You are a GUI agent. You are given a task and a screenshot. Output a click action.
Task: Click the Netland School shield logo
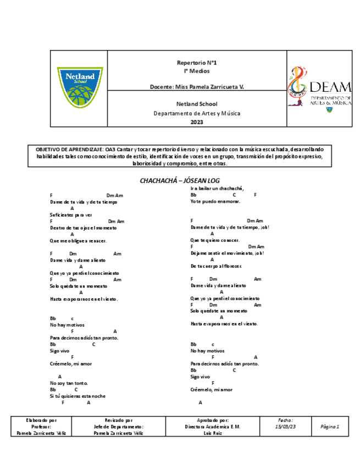80,87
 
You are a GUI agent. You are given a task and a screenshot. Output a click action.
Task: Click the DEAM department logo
319,89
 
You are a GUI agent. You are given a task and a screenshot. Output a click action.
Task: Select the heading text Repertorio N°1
196,63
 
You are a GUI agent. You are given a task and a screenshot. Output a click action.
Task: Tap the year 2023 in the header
196,122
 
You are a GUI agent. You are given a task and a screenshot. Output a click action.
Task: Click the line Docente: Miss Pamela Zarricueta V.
196,87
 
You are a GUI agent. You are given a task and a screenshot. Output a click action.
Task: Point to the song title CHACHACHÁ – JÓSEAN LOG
180,180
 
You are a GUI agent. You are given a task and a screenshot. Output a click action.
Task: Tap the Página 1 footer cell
330,426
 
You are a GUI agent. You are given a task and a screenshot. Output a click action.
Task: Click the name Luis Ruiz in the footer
212,433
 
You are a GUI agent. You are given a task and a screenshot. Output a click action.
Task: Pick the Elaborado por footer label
41,420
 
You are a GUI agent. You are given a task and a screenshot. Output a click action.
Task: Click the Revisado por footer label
118,420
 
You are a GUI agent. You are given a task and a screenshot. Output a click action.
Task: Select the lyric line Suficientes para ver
71,215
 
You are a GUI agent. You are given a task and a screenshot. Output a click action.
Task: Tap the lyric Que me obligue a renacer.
78,241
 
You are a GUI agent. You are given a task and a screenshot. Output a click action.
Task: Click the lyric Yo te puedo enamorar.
215,202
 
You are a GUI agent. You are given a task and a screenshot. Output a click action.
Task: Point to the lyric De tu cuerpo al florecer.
216,266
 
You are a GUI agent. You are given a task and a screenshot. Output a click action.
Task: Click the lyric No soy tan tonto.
69,383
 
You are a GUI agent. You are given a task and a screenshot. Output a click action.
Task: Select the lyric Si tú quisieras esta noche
77,396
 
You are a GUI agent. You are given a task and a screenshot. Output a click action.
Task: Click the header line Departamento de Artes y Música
196,113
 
